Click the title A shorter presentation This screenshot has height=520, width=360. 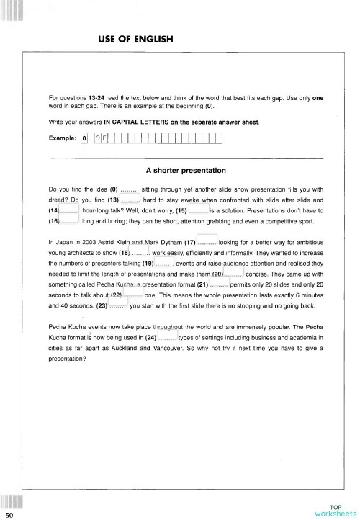click(186, 171)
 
